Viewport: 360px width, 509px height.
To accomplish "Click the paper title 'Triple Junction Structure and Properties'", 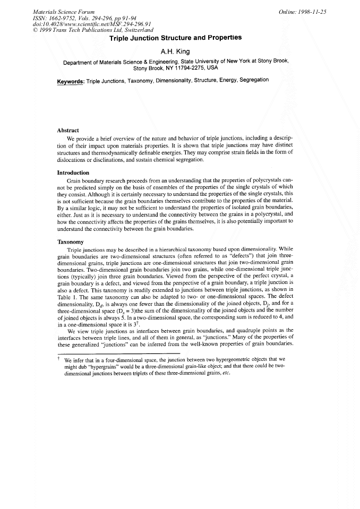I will [x=175, y=38].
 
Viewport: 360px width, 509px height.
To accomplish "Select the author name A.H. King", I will [x=175, y=52].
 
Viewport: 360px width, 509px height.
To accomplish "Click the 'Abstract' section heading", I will [x=68, y=130].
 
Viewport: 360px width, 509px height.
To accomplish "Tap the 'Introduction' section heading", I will [x=73, y=172].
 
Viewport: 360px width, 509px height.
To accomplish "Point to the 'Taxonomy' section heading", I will [x=70, y=241].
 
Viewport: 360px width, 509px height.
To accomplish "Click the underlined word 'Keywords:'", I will [x=71, y=81].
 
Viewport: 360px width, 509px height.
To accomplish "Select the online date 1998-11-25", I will [x=312, y=11].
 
